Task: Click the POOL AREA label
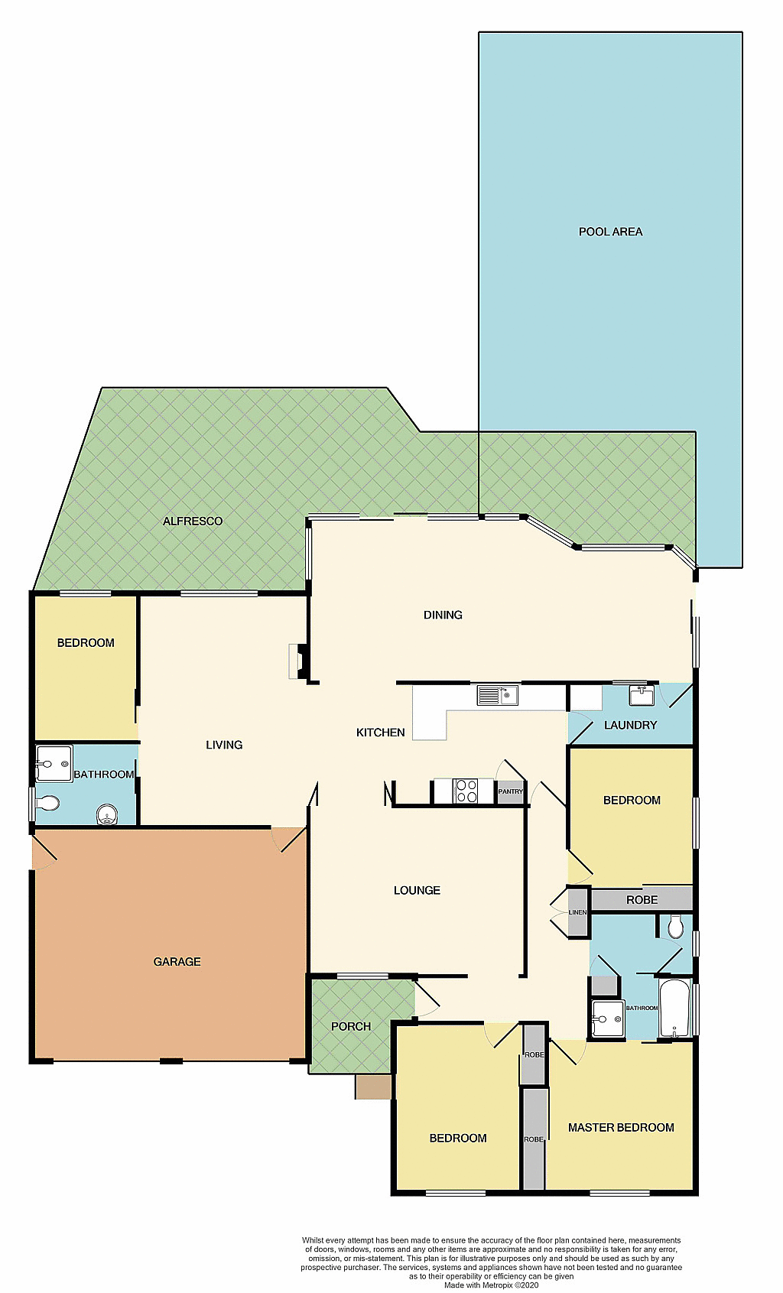[x=610, y=232]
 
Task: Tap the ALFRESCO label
[x=193, y=521]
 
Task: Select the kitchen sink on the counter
[x=497, y=695]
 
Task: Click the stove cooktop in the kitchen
[x=466, y=791]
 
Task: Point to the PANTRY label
[x=511, y=791]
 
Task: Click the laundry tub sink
[x=641, y=695]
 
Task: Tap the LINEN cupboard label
[x=577, y=912]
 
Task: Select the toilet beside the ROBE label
[x=675, y=927]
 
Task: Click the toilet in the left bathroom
[x=48, y=804]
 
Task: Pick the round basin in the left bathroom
[x=107, y=814]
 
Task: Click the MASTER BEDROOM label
[x=621, y=1127]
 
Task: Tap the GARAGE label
[x=177, y=962]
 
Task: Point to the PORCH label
[x=351, y=1026]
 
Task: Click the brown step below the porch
[x=373, y=1087]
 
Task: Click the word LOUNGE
[x=417, y=890]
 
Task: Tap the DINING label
[x=443, y=615]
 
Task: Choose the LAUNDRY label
[x=630, y=725]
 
